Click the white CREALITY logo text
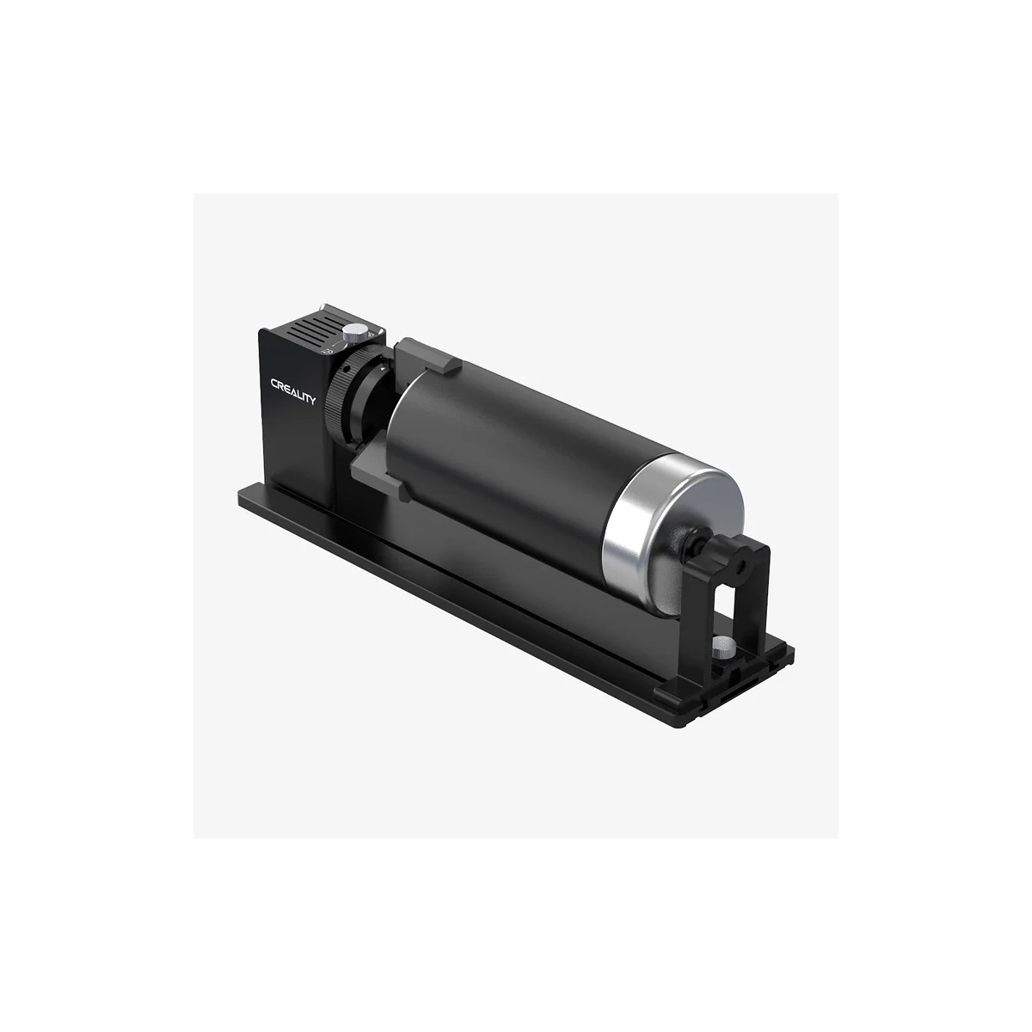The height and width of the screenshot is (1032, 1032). [293, 391]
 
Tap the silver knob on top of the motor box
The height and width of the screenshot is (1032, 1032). [353, 333]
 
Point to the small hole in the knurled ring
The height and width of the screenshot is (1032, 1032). [348, 369]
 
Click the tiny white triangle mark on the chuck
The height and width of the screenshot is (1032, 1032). [383, 369]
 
